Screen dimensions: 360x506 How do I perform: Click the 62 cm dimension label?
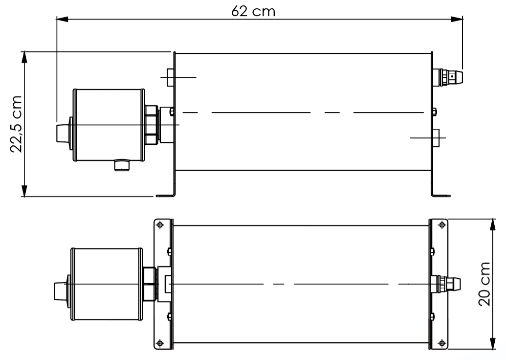[x=253, y=11]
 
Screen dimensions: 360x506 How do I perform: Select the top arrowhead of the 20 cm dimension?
[x=492, y=224]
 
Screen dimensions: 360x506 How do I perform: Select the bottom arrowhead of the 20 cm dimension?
[x=492, y=344]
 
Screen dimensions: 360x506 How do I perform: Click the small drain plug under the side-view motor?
[x=120, y=165]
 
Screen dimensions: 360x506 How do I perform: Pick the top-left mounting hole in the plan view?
[x=160, y=225]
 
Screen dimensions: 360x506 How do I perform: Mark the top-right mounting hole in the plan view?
[x=441, y=225]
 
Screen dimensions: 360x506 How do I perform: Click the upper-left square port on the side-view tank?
[x=171, y=77]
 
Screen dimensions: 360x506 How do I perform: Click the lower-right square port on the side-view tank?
[x=436, y=138]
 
